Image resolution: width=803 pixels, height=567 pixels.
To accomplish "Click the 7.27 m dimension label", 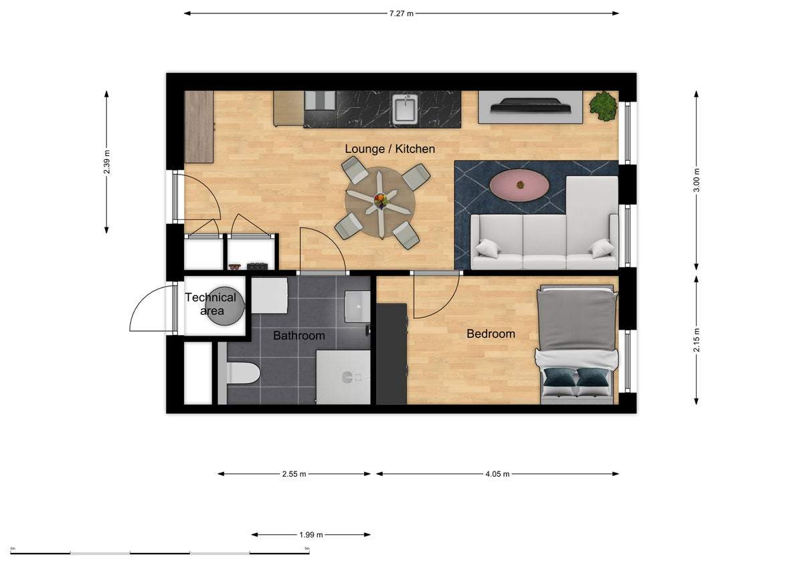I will (401, 13).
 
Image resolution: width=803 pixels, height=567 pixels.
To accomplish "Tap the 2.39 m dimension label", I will (107, 161).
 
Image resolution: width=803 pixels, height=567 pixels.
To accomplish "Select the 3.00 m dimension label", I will (696, 179).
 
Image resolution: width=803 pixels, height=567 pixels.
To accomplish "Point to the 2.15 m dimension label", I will (696, 340).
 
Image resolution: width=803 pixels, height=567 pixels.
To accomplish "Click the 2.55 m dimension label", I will (294, 474).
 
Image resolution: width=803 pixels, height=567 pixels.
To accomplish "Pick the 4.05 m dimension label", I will (497, 474).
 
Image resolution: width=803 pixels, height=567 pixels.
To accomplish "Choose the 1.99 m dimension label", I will (310, 535).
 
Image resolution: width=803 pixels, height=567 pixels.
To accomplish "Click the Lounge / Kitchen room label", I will (389, 149).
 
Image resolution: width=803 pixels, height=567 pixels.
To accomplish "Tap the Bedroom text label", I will (490, 334).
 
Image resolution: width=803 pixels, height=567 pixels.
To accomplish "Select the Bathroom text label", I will (298, 336).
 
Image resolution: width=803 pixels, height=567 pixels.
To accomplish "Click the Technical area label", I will (210, 304).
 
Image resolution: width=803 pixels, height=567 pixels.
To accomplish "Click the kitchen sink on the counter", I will (405, 109).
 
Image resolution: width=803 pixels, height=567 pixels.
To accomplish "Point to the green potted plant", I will (603, 106).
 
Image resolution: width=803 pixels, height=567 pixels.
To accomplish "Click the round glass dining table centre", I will (379, 200).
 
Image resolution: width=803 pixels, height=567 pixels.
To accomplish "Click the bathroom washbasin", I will (357, 307).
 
